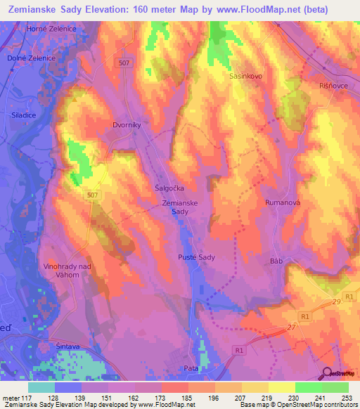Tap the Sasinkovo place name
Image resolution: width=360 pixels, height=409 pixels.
coord(246,75)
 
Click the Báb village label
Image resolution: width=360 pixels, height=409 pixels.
coord(276,261)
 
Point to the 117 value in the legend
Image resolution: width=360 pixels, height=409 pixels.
coord(27,397)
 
